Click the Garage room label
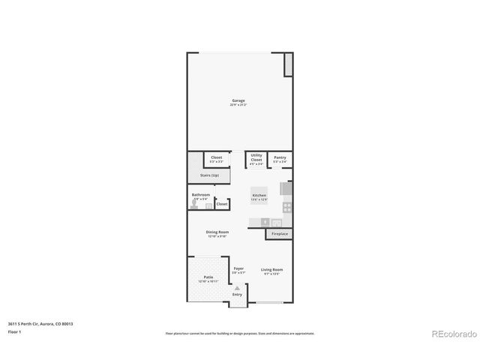tap(238, 100)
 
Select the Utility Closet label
tap(256, 157)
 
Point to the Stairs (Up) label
tap(209, 175)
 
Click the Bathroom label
tap(200, 195)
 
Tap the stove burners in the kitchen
tap(286, 206)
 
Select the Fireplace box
tap(279, 234)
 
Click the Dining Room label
tap(217, 232)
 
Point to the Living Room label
tap(271, 270)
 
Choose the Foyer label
tap(238, 268)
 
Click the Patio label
tap(208, 277)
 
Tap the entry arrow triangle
tap(238, 286)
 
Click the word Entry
tap(238, 295)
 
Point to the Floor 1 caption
tap(13, 331)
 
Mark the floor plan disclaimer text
tap(239, 333)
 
